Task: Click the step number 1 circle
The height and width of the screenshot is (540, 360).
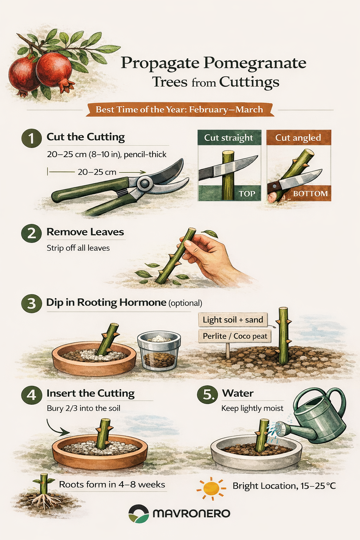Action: click(32, 139)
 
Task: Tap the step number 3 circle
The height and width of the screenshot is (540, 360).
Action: click(32, 303)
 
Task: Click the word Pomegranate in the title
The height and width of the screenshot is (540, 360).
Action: click(255, 63)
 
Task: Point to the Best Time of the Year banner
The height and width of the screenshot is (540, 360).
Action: click(180, 110)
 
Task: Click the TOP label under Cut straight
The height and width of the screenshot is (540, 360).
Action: click(247, 194)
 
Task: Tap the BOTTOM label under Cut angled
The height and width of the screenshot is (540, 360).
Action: click(310, 194)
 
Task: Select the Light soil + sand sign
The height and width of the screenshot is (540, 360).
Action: click(233, 320)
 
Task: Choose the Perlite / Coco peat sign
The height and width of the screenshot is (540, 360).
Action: click(235, 336)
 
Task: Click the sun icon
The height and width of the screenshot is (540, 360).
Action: click(211, 488)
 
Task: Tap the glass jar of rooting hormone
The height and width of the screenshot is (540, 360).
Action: click(159, 350)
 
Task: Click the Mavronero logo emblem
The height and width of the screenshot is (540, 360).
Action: click(139, 514)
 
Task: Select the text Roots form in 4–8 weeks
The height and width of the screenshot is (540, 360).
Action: click(112, 484)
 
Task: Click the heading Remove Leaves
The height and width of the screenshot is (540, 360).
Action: click(85, 232)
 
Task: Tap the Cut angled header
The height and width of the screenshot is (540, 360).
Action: click(298, 138)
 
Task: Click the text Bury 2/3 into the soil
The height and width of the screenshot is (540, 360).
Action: click(83, 409)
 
